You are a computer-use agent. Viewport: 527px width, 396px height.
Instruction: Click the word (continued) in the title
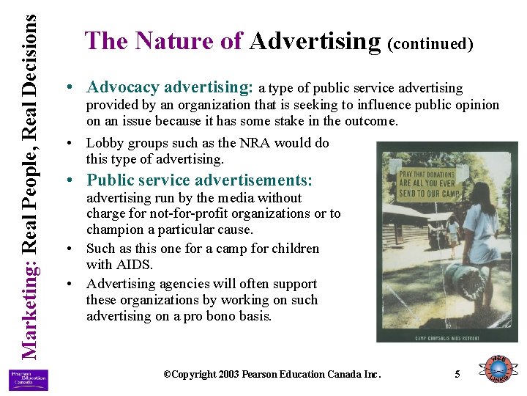pos(430,44)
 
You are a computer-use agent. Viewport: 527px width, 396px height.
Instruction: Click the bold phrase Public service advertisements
pos(199,180)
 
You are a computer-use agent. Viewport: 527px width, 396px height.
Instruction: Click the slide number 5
pos(457,375)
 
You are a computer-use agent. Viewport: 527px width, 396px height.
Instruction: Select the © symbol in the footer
pos(167,375)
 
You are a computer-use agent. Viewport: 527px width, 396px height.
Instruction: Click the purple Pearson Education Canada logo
pos(28,380)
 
